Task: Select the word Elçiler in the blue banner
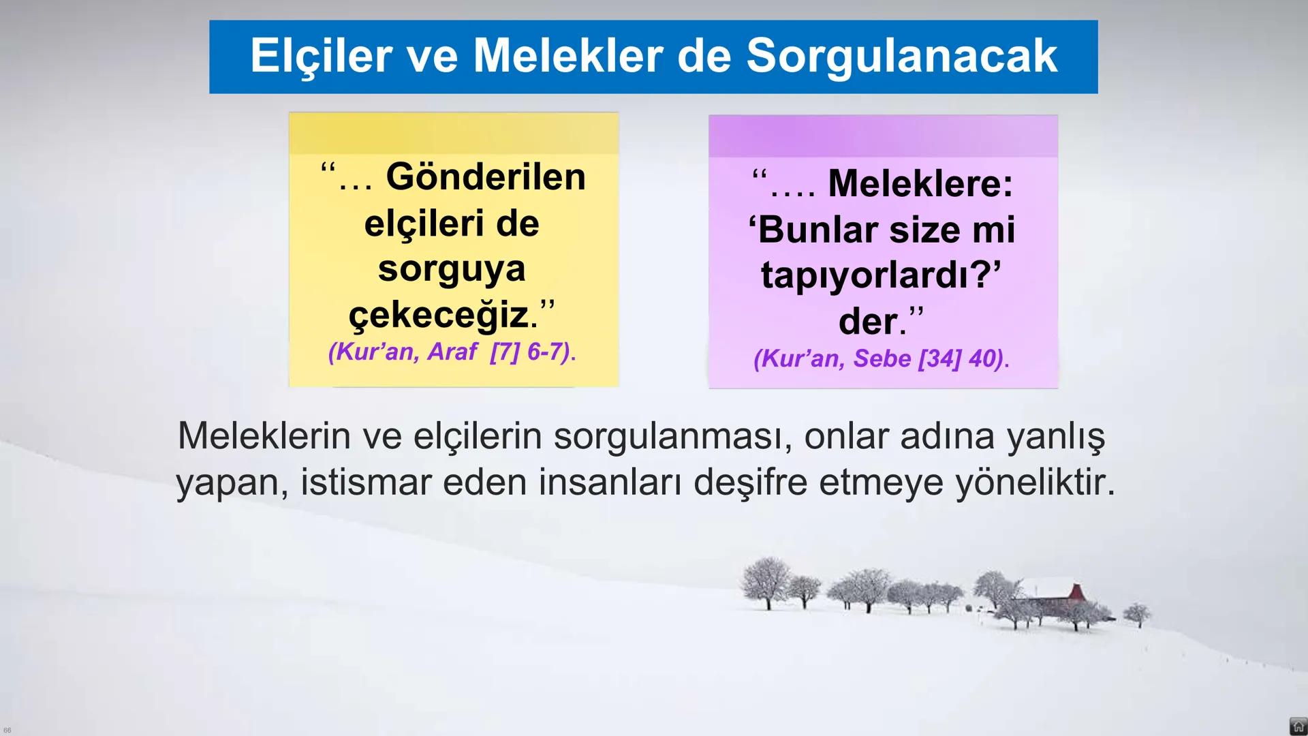[320, 56]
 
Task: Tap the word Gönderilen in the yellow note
[486, 177]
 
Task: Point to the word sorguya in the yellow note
[452, 269]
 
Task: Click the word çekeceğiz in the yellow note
[439, 315]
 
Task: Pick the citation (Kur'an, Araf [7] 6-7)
[452, 352]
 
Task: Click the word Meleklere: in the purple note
[920, 183]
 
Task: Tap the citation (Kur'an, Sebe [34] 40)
[882, 358]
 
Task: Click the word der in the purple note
[867, 321]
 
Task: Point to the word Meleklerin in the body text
[264, 435]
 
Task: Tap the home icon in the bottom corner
[1298, 726]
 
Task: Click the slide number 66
[7, 731]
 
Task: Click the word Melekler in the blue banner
[567, 56]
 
